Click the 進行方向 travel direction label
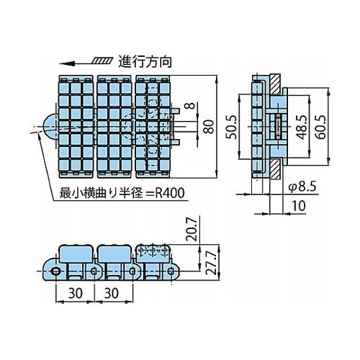(145, 62)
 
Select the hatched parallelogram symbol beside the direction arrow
(102, 61)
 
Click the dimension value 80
(209, 127)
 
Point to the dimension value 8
(190, 105)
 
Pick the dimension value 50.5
(232, 127)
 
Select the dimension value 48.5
(302, 127)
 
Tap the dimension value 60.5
(321, 127)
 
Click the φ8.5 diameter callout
(302, 186)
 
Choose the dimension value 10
(299, 206)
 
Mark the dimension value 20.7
(192, 229)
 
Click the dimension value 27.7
(212, 263)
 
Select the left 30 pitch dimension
(76, 293)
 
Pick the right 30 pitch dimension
(112, 293)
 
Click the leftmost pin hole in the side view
(55, 271)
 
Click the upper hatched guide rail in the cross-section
(276, 84)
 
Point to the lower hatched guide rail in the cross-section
(276, 169)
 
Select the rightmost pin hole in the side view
(170, 271)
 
